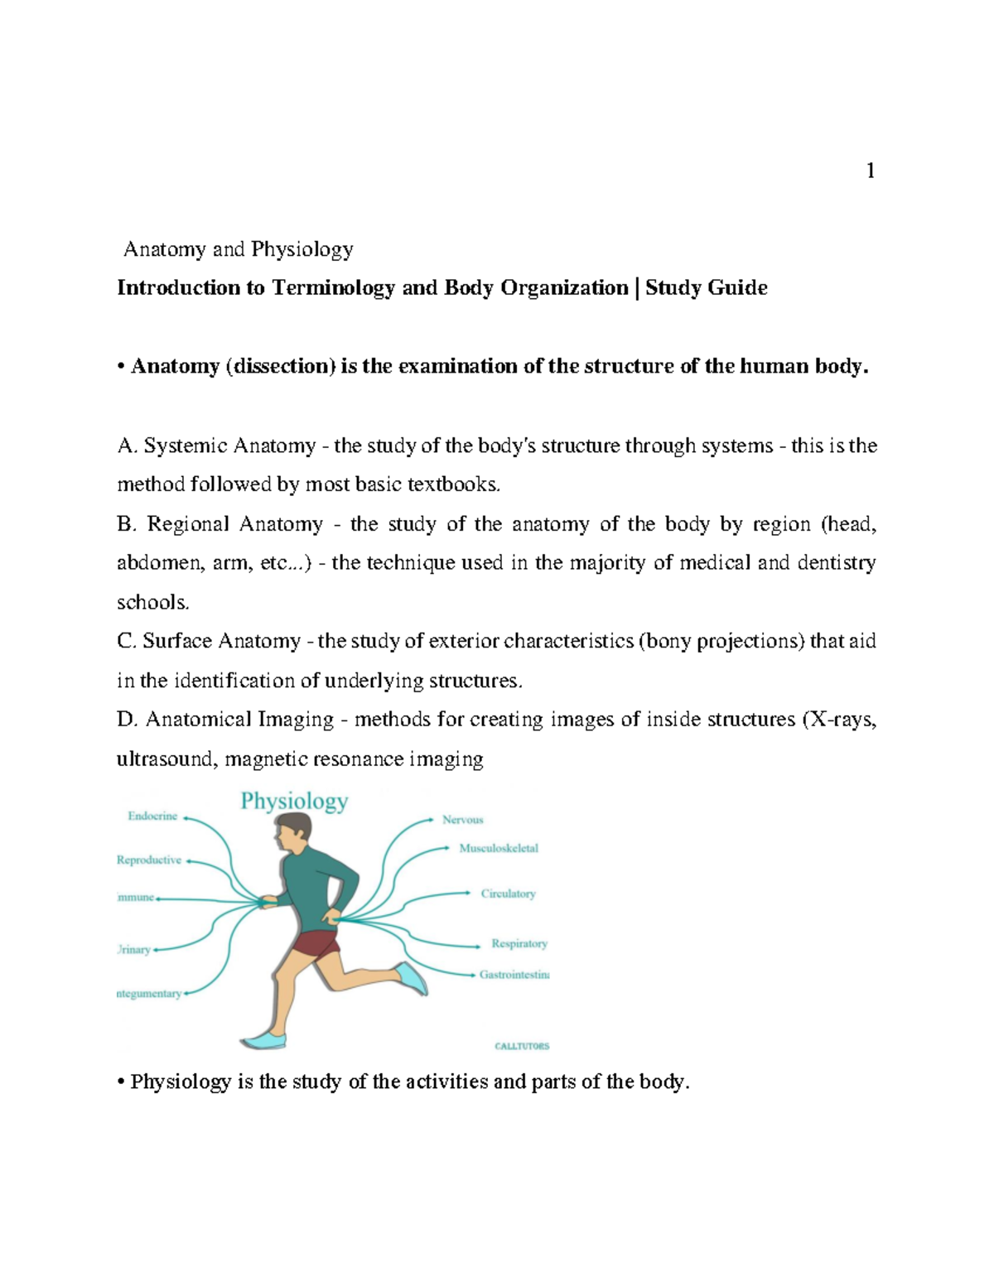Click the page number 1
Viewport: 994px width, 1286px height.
coord(870,171)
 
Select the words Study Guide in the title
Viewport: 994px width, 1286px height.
coord(706,287)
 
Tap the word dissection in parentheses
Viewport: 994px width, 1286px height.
coord(280,366)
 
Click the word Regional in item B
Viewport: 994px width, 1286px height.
coord(187,524)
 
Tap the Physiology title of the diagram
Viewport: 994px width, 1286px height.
coord(294,801)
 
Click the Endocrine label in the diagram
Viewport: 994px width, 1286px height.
coord(152,816)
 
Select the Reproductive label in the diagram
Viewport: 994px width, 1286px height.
coord(149,860)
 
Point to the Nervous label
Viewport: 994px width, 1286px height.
coord(462,820)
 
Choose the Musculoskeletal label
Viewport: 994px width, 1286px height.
coord(498,848)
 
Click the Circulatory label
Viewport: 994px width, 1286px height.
coord(508,893)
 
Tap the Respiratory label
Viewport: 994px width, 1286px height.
coord(519,943)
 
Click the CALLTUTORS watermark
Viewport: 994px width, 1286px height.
coord(522,1046)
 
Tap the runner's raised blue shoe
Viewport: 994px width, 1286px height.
coord(412,977)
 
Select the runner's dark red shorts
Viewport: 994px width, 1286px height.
coord(316,945)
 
